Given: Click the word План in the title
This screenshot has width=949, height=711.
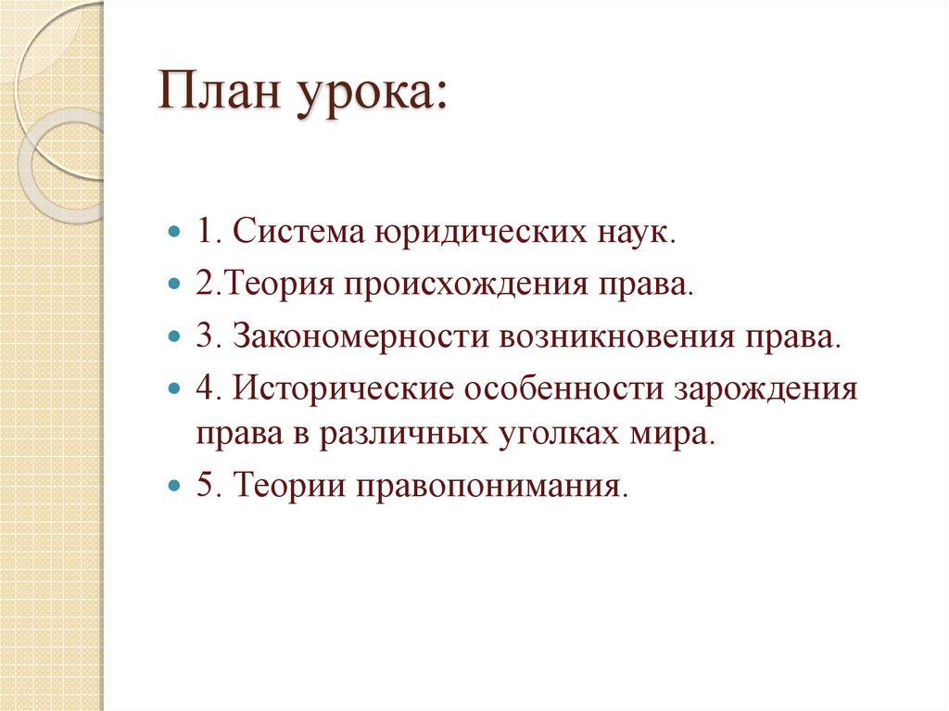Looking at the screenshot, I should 221,95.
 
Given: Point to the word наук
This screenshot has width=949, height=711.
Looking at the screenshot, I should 631,232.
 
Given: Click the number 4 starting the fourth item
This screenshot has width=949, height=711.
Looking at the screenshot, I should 203,387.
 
